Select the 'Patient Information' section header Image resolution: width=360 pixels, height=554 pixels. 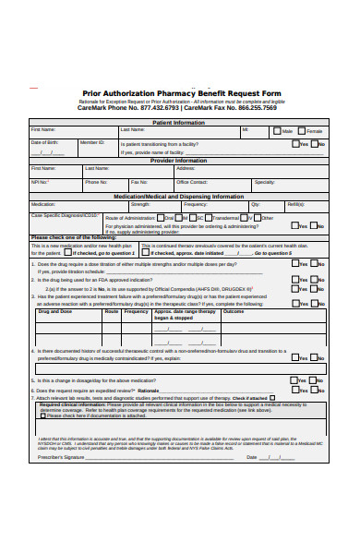click(x=179, y=122)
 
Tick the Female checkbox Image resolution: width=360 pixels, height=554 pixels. click(x=301, y=131)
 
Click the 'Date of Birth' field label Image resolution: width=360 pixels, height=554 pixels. click(x=45, y=142)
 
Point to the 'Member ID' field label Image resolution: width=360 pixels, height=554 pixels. click(x=91, y=142)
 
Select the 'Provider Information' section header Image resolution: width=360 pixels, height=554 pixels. click(x=179, y=161)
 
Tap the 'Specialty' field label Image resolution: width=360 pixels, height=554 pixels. click(x=264, y=182)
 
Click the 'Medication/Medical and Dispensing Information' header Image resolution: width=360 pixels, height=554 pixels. click(x=179, y=196)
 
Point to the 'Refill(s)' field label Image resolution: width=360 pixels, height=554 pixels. click(x=295, y=204)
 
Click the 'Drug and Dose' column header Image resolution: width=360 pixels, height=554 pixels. click(x=54, y=312)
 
